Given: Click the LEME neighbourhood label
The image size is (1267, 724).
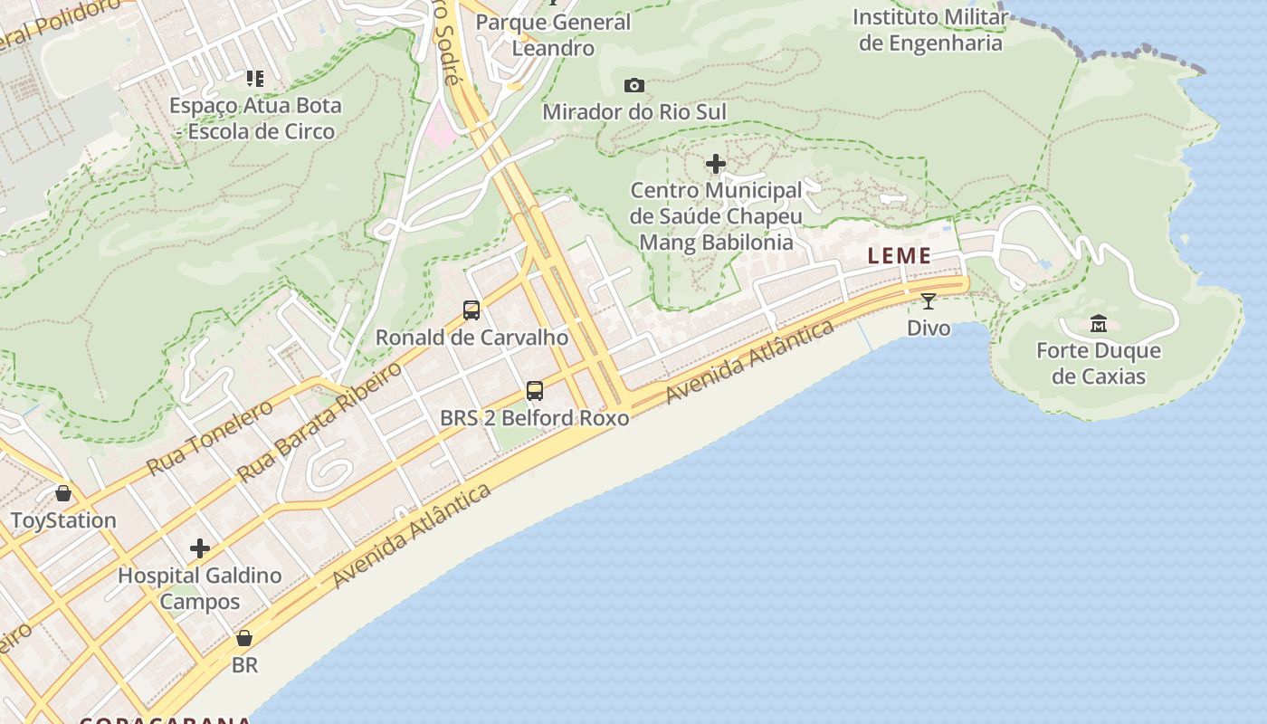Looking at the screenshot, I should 899,256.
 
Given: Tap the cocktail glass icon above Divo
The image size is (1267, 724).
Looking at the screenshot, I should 929,301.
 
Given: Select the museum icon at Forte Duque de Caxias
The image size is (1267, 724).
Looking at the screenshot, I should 1099,323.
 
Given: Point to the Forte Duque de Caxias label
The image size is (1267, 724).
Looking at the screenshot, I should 1099,363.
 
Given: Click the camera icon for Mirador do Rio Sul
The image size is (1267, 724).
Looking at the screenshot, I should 634,86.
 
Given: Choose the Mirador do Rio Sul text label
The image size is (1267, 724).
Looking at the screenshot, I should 634,112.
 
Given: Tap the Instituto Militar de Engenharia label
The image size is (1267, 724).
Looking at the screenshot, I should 930,30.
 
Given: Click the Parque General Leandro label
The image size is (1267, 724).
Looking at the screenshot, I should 553,34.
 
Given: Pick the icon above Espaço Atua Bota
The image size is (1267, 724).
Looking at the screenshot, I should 255,80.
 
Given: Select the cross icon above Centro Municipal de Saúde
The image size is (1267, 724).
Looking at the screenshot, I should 716,164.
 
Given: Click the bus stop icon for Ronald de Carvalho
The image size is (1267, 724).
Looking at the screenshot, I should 472,310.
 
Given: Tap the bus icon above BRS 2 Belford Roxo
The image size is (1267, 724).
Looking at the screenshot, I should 535,391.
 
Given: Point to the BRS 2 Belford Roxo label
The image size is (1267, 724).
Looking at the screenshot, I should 535,418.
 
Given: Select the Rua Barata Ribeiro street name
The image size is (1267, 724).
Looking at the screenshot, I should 319,422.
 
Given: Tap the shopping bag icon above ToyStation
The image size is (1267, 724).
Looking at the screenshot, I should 63,493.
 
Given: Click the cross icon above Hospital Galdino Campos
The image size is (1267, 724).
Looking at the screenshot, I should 200,548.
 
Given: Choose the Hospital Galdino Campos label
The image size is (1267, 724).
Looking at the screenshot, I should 200,588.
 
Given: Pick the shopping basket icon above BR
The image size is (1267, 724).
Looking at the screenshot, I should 244,638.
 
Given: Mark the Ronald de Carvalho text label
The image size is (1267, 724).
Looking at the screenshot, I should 472,338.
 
